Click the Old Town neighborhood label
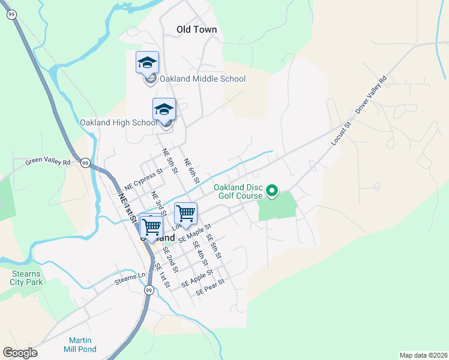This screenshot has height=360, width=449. click(x=196, y=29)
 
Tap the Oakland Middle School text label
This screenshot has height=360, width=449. click(x=202, y=79)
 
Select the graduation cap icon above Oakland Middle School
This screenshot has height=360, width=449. click(x=148, y=62)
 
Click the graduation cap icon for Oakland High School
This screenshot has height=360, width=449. click(x=164, y=109)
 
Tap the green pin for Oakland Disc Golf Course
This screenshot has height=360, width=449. click(x=272, y=191)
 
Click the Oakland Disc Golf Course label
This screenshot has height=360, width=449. click(x=239, y=191)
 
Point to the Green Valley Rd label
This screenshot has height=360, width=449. click(x=47, y=161)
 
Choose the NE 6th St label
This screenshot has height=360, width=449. click(x=191, y=171)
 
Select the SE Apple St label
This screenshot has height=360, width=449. click(x=197, y=277)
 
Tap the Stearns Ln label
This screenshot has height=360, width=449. click(x=130, y=279)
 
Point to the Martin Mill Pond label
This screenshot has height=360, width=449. click(x=79, y=345)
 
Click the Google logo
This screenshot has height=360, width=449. click(x=20, y=353)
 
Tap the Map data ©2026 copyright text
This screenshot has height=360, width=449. click(x=423, y=355)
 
